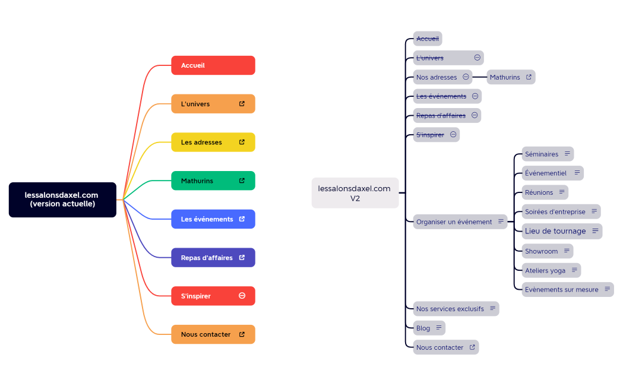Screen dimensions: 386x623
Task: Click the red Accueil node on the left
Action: click(213, 65)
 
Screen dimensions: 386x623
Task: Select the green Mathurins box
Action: click(213, 181)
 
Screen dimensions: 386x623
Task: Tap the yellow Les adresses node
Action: click(213, 143)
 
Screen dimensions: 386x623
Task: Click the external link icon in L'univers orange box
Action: click(242, 104)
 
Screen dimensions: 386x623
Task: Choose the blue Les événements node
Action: click(213, 219)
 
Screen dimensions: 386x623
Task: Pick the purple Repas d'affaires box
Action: click(213, 258)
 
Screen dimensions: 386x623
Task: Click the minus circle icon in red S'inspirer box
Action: click(242, 296)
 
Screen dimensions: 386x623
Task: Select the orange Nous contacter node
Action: click(213, 334)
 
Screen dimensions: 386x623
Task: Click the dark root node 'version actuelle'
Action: click(62, 200)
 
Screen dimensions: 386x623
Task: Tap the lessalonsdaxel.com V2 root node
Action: click(355, 193)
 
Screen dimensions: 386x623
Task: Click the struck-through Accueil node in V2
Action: click(428, 39)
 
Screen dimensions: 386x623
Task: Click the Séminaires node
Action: click(547, 154)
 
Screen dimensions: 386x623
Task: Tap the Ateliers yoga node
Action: click(551, 270)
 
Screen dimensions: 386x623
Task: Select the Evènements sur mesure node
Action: click(567, 290)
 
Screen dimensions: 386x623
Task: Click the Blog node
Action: click(429, 328)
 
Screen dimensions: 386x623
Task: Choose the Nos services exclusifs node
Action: click(456, 309)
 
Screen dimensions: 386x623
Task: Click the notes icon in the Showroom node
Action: click(567, 251)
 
